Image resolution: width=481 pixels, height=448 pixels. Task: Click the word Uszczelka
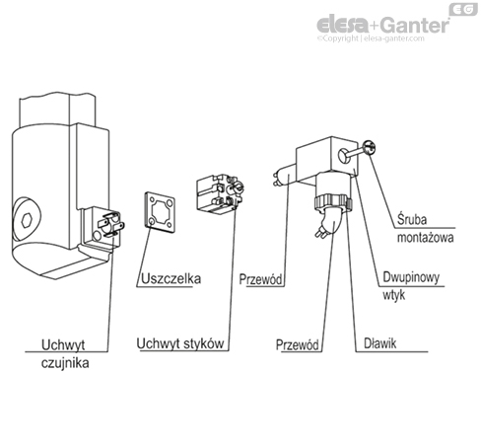172,279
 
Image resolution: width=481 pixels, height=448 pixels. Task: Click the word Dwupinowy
412,278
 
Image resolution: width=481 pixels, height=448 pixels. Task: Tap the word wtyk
393,294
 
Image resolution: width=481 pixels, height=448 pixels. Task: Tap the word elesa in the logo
337,25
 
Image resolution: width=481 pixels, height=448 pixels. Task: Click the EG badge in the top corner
461,10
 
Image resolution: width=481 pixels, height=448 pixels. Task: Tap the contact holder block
218,193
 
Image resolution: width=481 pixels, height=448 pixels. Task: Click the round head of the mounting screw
370,149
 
